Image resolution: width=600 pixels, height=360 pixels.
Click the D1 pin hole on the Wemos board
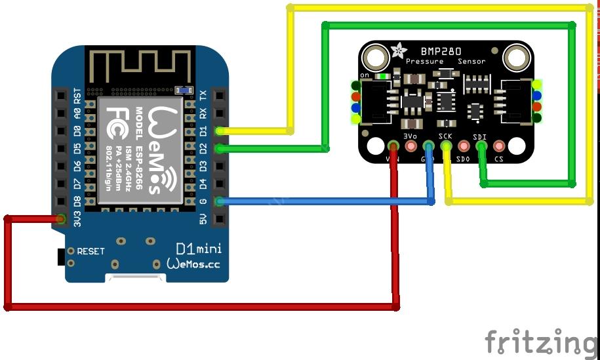pos(218,130)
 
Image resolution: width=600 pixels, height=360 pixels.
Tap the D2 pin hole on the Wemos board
pos(218,148)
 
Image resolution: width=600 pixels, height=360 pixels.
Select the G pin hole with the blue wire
pos(218,201)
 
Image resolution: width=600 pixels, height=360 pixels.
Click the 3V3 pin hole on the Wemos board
pos(61,219)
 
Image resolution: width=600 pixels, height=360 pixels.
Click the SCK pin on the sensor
pos(446,146)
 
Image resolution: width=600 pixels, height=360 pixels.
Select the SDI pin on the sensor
pos(481,146)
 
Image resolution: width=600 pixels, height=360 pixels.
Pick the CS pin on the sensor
pos(499,146)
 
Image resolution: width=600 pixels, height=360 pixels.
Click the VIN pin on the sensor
pos(393,146)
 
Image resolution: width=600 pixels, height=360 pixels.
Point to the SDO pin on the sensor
pos(464,146)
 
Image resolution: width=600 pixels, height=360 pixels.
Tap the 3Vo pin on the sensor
pos(411,146)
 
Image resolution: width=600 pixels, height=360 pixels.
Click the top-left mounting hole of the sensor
pos(376,58)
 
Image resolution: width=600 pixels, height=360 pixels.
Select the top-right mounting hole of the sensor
pos(516,58)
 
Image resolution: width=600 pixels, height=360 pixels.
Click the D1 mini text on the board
pos(199,249)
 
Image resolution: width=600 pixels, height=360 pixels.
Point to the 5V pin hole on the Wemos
pos(218,219)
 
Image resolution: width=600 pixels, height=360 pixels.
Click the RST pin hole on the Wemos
pos(61,95)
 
